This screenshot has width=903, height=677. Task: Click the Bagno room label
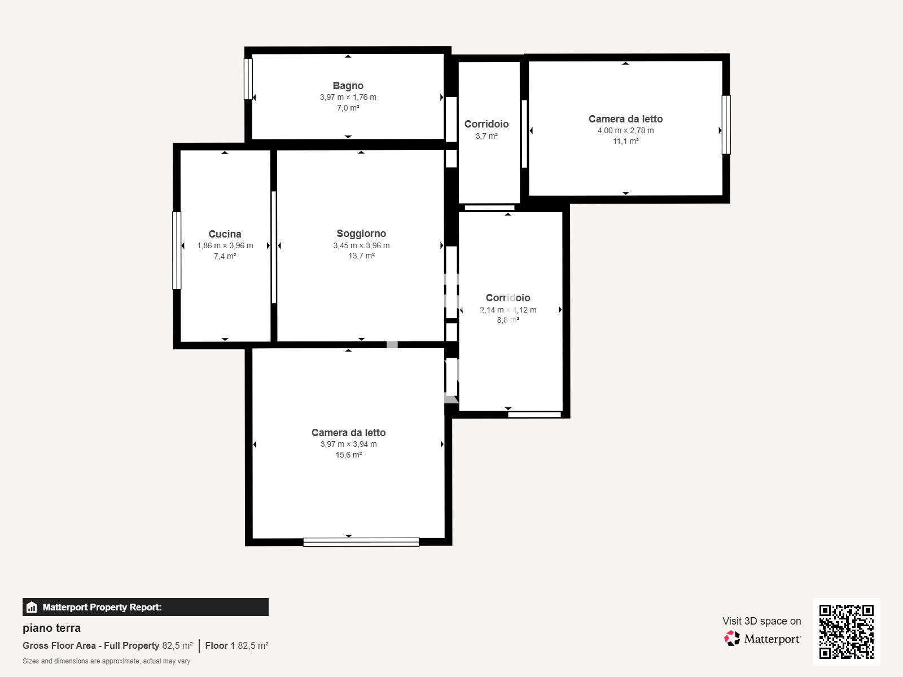348,86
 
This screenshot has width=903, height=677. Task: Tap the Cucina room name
225,234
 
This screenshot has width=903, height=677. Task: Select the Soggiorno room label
361,234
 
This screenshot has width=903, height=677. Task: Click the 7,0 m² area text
348,108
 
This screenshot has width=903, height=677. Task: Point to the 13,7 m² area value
361,256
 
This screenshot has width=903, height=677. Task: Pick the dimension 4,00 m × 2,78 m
625,130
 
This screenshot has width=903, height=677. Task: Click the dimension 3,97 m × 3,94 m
348,444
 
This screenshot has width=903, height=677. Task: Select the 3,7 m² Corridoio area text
486,135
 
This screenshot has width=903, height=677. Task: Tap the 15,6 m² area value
348,455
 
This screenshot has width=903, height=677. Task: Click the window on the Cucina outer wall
177,250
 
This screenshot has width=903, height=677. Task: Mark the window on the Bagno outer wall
248,79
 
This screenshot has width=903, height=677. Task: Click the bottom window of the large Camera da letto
361,542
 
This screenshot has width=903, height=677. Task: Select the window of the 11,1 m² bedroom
726,125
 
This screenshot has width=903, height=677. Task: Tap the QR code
846,631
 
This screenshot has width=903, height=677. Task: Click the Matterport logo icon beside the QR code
732,639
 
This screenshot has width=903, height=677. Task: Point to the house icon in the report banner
32,607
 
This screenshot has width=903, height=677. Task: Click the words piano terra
51,628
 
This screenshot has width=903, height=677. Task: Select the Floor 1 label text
220,645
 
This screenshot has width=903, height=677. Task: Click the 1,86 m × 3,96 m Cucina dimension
225,245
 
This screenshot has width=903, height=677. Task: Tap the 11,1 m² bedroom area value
626,141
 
